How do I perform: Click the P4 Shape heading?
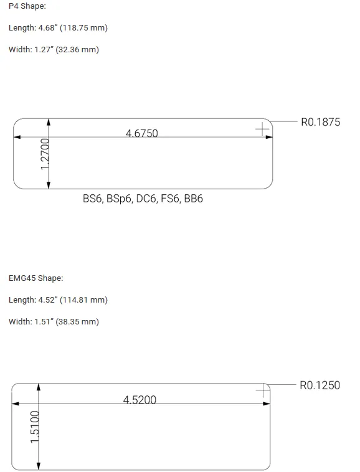27,6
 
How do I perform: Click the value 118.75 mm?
83,27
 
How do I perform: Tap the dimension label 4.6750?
142,133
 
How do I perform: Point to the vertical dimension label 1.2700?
45,154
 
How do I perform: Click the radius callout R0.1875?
321,122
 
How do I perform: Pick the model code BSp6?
120,199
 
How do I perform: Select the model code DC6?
146,199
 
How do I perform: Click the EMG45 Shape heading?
36,278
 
